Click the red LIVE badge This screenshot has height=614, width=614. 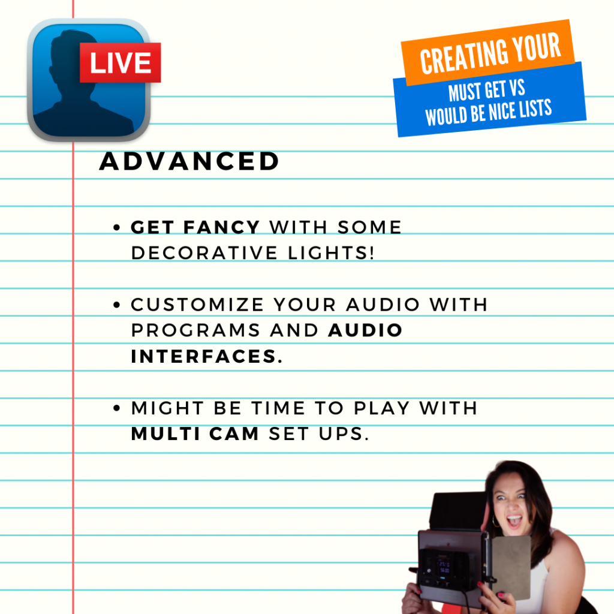pyautogui.click(x=120, y=62)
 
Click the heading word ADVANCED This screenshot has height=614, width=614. pyautogui.click(x=189, y=161)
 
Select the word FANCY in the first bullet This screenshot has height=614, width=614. pyautogui.click(x=222, y=227)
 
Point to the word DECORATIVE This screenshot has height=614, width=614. pyautogui.click(x=204, y=253)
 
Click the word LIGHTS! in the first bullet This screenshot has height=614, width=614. pyautogui.click(x=331, y=253)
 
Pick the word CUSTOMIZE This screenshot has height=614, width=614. pyautogui.click(x=197, y=305)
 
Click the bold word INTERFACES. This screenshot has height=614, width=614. pyautogui.click(x=206, y=356)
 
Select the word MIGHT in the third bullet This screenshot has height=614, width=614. pyautogui.click(x=168, y=408)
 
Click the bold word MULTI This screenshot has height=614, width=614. pyautogui.click(x=166, y=434)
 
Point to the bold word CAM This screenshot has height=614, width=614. pyautogui.click(x=234, y=434)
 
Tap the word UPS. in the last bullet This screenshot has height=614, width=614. pyautogui.click(x=344, y=434)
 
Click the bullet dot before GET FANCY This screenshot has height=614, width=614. pyautogui.click(x=116, y=227)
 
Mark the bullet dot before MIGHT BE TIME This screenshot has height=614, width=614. pyautogui.click(x=116, y=408)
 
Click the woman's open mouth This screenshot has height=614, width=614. pyautogui.click(x=514, y=521)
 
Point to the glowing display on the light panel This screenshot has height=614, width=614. pyautogui.click(x=444, y=567)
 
